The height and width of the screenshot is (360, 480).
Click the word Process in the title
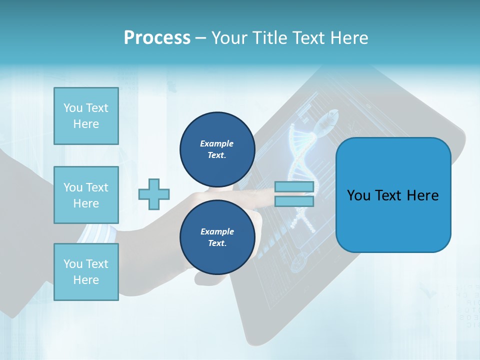157,38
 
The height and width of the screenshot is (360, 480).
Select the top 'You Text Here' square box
86,116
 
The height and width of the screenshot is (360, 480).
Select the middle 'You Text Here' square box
86,195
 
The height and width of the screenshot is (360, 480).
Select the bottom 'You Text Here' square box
86,272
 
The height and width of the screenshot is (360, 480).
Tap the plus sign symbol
154,194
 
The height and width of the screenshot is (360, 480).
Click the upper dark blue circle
217,149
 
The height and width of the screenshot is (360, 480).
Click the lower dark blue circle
217,237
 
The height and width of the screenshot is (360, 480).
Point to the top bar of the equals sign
294,187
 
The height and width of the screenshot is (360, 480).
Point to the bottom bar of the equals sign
294,201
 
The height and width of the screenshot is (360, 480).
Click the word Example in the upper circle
217,143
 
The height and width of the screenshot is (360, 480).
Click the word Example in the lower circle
217,231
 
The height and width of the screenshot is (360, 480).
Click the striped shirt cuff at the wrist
95,233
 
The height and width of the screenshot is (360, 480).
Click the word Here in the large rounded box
423,195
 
